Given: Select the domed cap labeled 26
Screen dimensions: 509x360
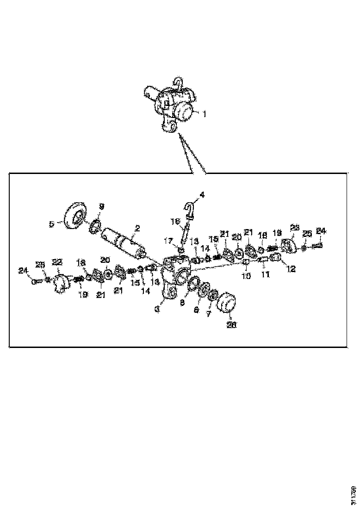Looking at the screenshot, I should coord(226,306).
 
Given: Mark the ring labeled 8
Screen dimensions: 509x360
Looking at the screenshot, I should coord(194,282).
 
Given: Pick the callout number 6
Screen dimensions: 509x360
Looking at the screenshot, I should coord(196,310).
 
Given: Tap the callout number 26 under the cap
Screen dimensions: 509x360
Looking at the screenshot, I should coord(231,325).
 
